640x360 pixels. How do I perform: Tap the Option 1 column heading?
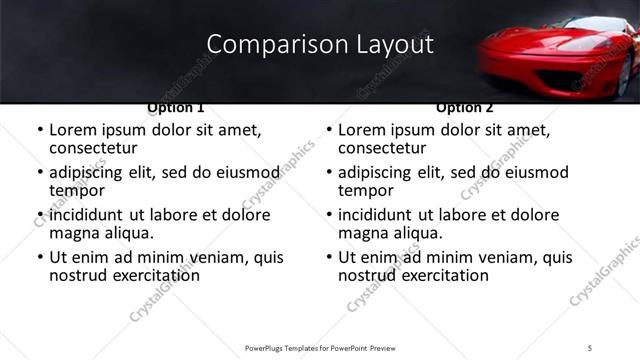[x=176, y=107]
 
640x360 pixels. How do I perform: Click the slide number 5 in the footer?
[x=590, y=347]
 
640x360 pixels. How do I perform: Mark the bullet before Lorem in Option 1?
[x=39, y=130]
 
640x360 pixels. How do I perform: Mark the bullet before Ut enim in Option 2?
[x=328, y=257]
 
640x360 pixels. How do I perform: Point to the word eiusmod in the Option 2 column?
[x=529, y=172]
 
